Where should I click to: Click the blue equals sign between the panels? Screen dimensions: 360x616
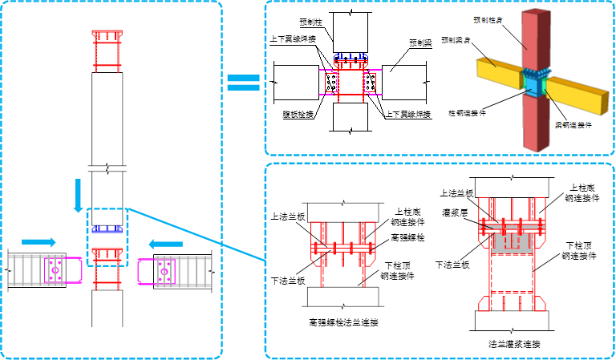pos(243,82)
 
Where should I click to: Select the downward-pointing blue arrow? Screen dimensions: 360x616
pos(78,196)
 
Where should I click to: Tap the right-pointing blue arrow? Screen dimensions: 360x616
pos(38,241)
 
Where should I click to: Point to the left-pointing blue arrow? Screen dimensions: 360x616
pos(166,244)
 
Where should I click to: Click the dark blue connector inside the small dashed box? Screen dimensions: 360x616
pos(107,229)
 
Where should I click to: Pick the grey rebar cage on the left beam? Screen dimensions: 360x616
pos(27,270)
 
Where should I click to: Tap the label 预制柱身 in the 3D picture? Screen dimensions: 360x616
pos(488,18)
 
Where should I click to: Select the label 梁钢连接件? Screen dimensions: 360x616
pos(573,125)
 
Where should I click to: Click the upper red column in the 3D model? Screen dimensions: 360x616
pos(531,40)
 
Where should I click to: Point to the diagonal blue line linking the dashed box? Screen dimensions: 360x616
pos(197,234)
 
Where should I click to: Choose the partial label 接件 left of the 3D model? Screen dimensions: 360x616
pos(479,112)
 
